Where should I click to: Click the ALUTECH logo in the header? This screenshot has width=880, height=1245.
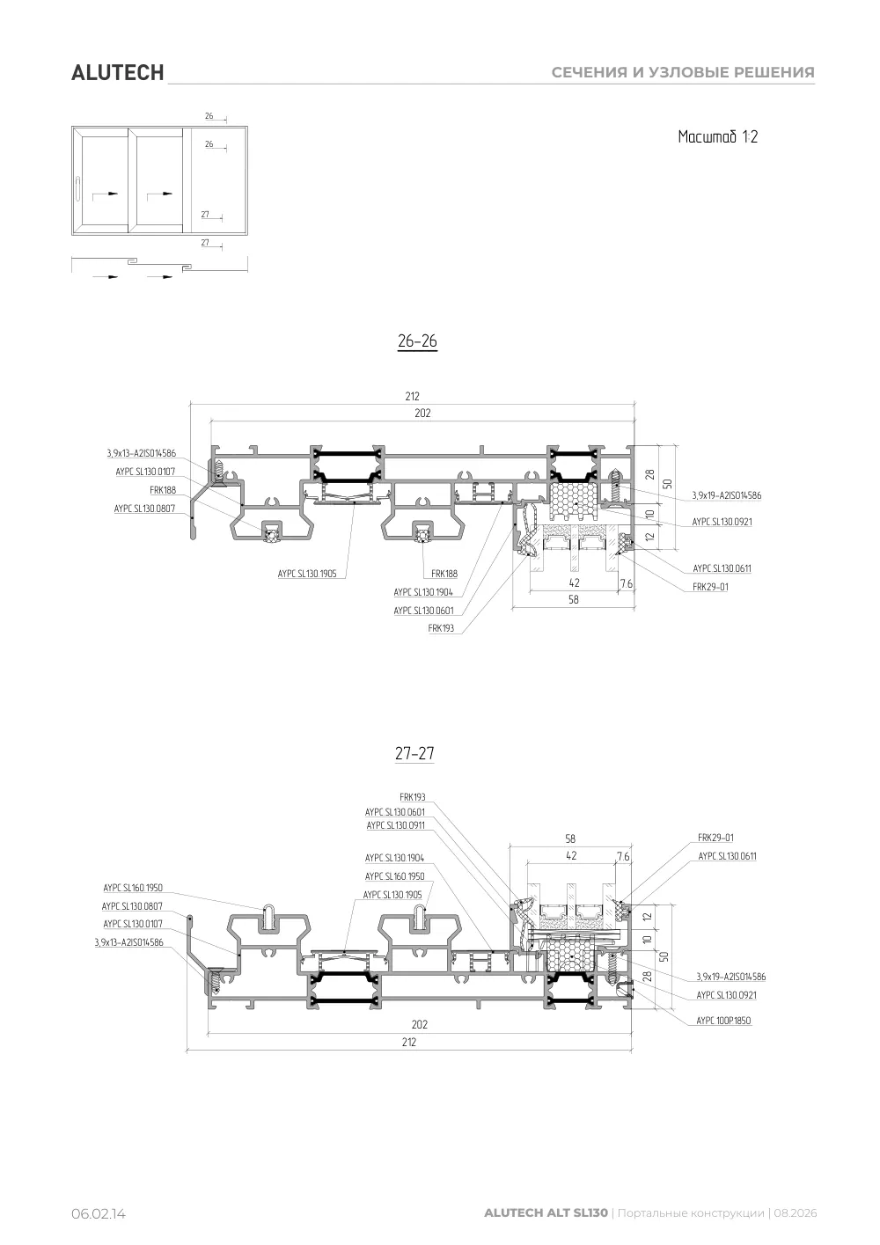(118, 73)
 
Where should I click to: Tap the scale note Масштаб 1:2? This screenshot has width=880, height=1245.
(718, 136)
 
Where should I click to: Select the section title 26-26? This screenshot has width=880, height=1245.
(417, 341)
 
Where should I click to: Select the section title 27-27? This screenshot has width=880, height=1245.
(414, 754)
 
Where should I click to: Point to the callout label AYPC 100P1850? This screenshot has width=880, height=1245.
(723, 1021)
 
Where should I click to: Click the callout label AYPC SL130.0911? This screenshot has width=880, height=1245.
(396, 825)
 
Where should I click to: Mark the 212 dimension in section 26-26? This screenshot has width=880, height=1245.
(412, 396)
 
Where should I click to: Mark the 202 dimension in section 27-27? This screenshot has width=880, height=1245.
(419, 1024)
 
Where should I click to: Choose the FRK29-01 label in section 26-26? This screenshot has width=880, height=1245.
(710, 586)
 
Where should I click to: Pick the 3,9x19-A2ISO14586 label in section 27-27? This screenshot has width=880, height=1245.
(731, 977)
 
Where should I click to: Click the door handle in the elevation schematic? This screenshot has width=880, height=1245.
(77, 189)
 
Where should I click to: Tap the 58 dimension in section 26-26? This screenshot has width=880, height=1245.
(573, 599)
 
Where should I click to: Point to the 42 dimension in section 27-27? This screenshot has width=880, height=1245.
(571, 856)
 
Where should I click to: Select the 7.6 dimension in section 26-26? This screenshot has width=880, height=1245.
(627, 583)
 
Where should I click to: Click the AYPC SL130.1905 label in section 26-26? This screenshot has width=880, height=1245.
(307, 574)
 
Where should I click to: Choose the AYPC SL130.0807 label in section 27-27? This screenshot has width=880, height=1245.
(132, 906)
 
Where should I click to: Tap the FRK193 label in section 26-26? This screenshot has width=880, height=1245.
(441, 628)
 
